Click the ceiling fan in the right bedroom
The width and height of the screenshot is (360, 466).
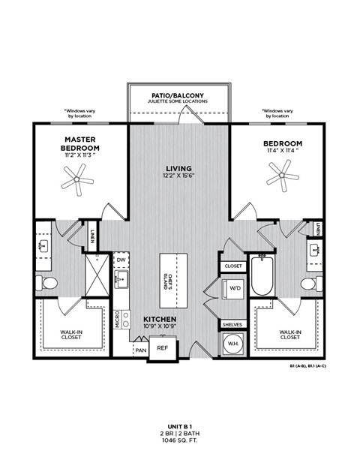tap(283, 178)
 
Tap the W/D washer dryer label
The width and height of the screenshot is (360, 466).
tap(234, 287)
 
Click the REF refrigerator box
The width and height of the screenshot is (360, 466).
tap(161, 348)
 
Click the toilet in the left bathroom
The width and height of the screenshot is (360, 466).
tap(49, 284)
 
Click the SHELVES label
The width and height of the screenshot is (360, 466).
tap(232, 324)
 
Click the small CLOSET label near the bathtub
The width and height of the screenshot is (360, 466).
tap(233, 266)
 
